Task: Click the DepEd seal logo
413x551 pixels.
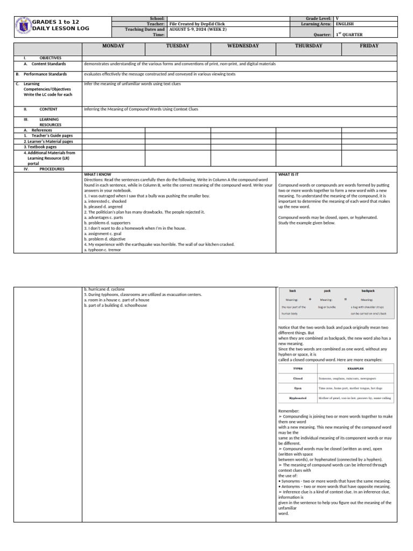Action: coord(23,25)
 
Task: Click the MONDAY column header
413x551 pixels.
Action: coord(113,46)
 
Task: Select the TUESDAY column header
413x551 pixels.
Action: coord(177,46)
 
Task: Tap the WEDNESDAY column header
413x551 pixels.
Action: coord(243,46)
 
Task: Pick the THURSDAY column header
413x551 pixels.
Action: coord(309,46)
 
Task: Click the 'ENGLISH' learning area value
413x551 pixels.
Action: coord(345,24)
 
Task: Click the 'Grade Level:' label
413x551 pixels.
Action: coord(318,18)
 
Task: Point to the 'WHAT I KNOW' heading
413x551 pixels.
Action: coord(98,175)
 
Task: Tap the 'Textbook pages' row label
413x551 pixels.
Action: coord(41,146)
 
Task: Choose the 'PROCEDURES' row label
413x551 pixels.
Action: coord(52,169)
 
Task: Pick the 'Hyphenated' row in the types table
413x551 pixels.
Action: coord(297,399)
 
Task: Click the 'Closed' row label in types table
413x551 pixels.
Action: coord(297,378)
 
